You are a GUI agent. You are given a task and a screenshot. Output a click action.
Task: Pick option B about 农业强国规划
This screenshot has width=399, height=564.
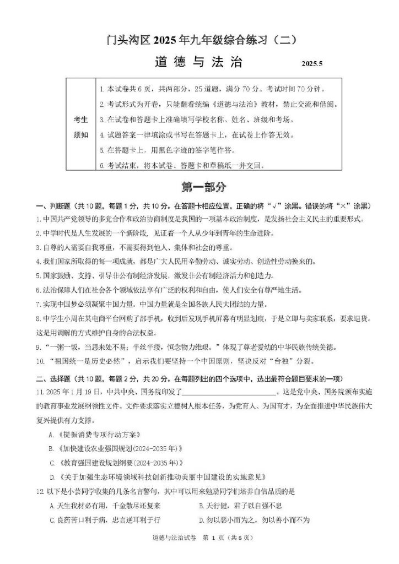pos(115,448)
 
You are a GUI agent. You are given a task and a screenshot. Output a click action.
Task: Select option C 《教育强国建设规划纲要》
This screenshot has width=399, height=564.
pos(115,463)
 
